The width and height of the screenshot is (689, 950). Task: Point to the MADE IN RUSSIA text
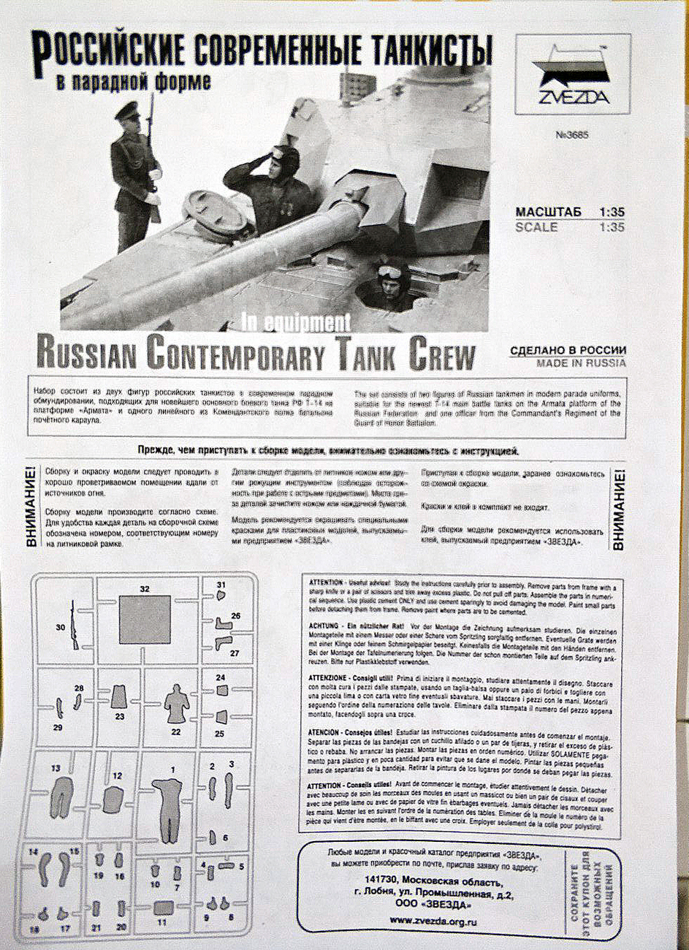[x=581, y=362]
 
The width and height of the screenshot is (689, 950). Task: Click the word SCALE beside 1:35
[x=536, y=227]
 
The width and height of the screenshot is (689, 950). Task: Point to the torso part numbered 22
[x=175, y=704]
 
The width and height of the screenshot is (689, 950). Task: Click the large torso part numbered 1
[x=168, y=804]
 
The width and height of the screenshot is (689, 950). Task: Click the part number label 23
[x=119, y=717]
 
